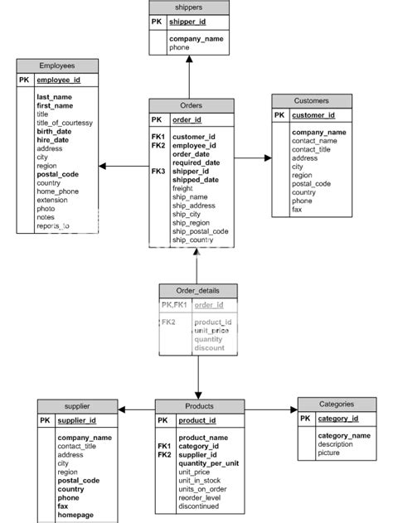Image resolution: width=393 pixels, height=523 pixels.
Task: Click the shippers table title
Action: [x=188, y=7]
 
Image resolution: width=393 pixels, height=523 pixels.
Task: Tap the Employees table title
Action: [x=57, y=65]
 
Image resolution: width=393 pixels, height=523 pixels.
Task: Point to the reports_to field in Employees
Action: [x=53, y=225]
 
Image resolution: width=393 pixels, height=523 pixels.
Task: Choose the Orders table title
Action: [x=191, y=105]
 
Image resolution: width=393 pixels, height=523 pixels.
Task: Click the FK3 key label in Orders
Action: [x=158, y=171]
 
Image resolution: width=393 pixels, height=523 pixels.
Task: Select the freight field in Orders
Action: [x=183, y=189]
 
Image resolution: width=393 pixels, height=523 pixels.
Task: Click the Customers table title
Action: [x=312, y=100]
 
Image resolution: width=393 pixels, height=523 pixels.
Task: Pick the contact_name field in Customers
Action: [x=314, y=141]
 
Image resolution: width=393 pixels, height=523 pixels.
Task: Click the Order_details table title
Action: [x=197, y=290]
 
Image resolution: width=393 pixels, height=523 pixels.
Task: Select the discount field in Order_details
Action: [x=209, y=348]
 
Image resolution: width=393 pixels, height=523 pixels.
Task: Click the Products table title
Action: [x=200, y=406]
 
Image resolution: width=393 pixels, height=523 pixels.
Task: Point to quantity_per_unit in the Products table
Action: [x=209, y=463]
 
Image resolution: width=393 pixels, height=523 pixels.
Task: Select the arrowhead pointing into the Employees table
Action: [x=104, y=167]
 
